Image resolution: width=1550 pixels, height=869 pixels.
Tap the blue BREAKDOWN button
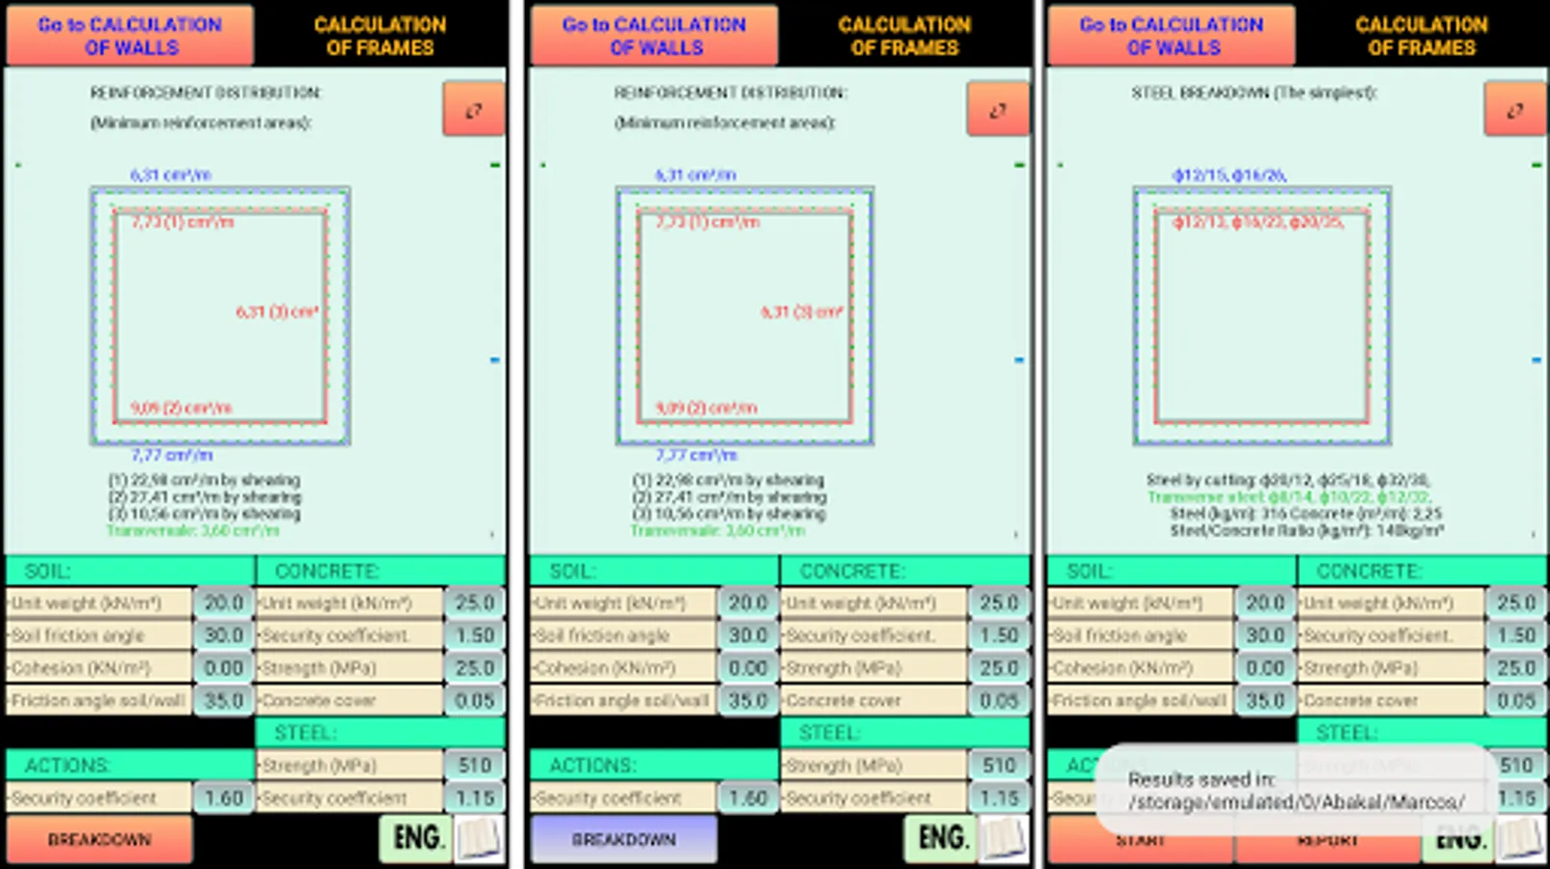pos(623,839)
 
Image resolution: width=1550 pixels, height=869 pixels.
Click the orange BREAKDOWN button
pos(99,839)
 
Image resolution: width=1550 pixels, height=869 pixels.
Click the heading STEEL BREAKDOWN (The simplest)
pos(1254,93)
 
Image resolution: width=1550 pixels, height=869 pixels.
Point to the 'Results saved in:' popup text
pos(1202,779)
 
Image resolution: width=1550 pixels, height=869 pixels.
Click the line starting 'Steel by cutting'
pos(1287,480)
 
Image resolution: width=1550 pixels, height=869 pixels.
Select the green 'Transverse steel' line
pos(1288,497)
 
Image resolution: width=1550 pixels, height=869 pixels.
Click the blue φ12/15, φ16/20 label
pos(1229,175)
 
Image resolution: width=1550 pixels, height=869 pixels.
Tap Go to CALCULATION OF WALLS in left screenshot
pos(130,36)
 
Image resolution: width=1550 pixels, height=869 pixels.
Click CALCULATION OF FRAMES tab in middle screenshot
pos(904,36)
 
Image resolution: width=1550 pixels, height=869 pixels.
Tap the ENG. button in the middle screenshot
pos(939,837)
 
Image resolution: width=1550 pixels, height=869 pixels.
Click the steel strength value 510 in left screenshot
pos(475,766)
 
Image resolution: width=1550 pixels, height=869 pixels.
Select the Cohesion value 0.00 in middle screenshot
pos(748,668)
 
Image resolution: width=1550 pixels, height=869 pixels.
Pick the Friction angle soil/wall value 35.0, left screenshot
pos(223,700)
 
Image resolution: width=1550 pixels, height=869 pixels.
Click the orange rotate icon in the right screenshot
pos(1514,109)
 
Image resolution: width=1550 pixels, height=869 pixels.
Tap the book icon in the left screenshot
pos(479,838)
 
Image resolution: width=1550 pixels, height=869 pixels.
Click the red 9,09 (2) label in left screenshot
pos(180,407)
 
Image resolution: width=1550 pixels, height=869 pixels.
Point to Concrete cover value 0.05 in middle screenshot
pos(999,700)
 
